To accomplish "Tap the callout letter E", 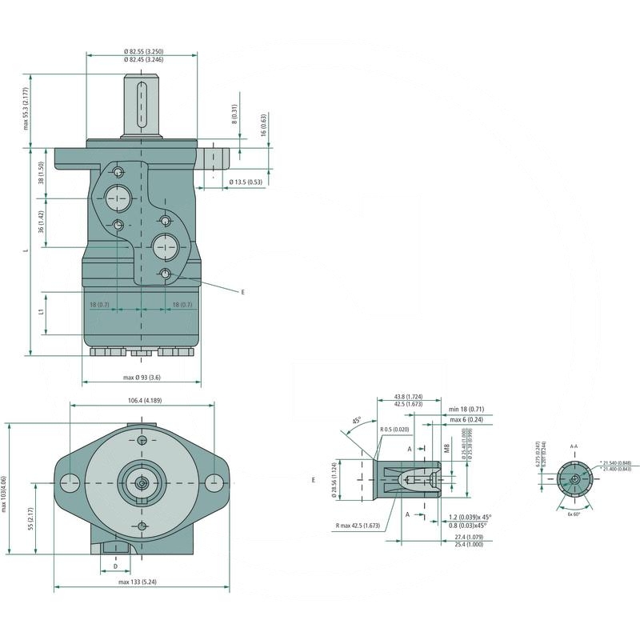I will point(242,293).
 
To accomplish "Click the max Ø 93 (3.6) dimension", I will point(142,377).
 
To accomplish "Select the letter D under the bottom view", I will point(116,566).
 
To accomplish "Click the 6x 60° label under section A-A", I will point(574,513).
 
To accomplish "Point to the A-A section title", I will point(574,446).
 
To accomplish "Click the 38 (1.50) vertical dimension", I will point(40,173).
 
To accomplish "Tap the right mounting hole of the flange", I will point(214,482).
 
